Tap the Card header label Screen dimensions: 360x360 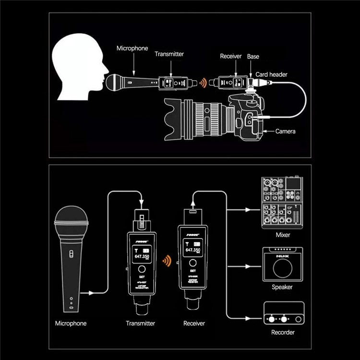[x=272, y=74]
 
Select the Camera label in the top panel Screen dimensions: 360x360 [x=286, y=131]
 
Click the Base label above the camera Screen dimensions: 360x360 [x=253, y=57]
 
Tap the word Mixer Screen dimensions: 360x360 [x=283, y=235]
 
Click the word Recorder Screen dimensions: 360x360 [x=283, y=332]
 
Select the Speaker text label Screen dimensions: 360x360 [x=282, y=287]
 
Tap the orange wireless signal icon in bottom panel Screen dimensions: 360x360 [x=166, y=262]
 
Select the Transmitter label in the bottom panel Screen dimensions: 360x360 [x=141, y=324]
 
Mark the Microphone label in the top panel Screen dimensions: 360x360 [x=132, y=48]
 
